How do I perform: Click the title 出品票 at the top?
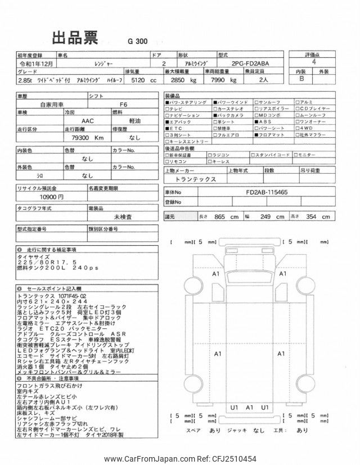point(75,39)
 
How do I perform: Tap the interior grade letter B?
point(301,80)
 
